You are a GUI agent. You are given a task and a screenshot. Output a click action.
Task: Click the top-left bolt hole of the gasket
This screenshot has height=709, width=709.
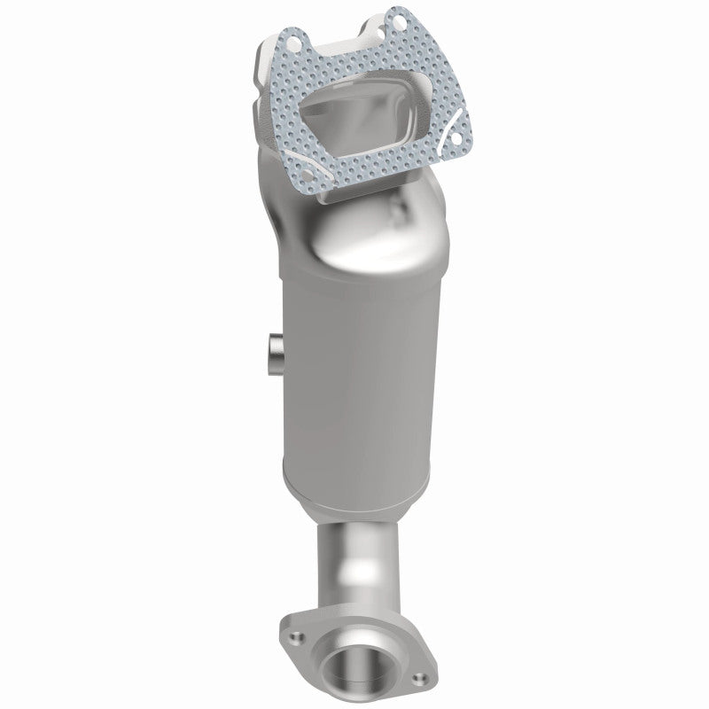pyautogui.click(x=288, y=39)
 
